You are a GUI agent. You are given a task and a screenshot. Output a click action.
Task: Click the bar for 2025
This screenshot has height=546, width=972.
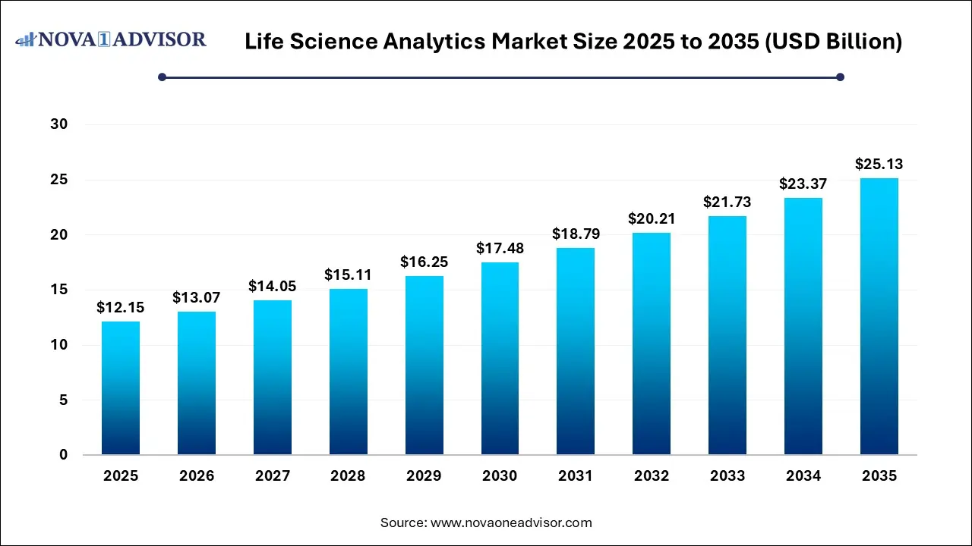pos(121,388)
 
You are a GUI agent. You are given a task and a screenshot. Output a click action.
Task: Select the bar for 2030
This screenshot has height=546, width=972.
pos(500,358)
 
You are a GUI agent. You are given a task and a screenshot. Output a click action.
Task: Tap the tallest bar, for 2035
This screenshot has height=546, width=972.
pos(879,316)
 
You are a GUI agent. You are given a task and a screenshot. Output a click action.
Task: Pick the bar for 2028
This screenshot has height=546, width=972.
pos(348,372)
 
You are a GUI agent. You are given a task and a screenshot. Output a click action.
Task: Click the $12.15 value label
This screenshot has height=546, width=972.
pos(121,307)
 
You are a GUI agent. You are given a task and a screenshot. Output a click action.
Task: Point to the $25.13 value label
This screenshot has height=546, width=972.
pos(879,164)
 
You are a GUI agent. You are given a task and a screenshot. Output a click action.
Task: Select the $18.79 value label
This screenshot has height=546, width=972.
pos(576,234)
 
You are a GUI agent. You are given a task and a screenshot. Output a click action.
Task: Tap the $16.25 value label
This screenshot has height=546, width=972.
pos(424,262)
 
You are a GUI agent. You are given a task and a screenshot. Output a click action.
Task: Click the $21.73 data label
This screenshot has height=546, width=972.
pos(727,202)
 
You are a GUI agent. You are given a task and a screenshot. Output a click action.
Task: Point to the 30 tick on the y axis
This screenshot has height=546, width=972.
pos(59,124)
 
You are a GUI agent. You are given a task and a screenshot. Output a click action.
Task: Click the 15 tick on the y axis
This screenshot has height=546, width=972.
pos(59,290)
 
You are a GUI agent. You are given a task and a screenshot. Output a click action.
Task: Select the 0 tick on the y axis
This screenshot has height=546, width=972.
pos(64,455)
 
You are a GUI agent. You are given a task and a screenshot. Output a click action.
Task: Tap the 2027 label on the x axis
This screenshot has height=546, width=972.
pos(273,476)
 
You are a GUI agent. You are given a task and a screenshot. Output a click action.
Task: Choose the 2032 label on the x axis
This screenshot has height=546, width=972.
pos(652,476)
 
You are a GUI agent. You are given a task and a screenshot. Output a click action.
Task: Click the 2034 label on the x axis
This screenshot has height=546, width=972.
pos(803,476)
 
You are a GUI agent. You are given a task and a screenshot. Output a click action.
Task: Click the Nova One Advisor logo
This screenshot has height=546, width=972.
pos(112,39)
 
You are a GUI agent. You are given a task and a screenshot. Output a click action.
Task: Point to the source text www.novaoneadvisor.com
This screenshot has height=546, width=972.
pos(511,522)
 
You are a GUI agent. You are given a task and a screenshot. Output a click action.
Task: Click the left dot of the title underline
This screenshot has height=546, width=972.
pos(162,77)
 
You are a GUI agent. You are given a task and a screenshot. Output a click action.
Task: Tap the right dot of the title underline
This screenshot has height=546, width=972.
pos(840,77)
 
